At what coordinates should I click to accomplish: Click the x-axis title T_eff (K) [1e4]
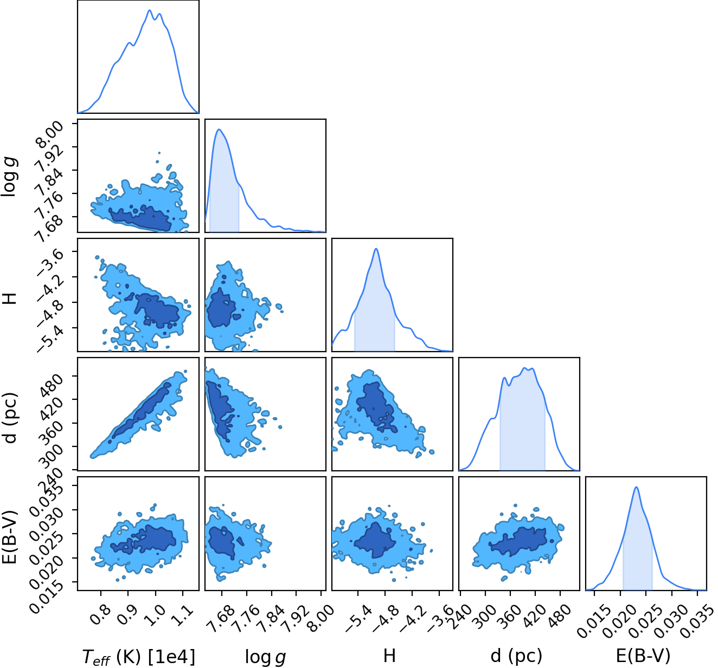pos(139,657)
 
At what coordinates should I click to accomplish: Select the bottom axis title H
pos(389,656)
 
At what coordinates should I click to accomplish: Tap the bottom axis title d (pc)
pos(516,656)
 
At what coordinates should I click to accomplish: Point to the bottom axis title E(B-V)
pos(643,656)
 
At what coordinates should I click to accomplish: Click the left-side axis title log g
pos(9,177)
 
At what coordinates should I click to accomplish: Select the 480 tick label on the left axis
pos(50,385)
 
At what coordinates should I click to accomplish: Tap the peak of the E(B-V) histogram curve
pos(636,488)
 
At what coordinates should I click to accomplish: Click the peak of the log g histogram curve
pos(219,129)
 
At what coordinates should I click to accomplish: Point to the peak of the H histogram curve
pos(376,249)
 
